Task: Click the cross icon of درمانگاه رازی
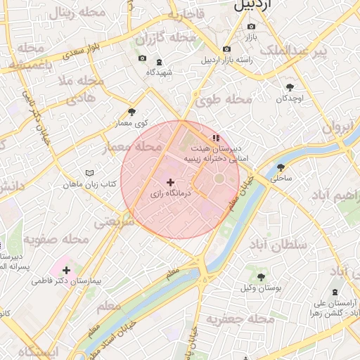click(170, 182)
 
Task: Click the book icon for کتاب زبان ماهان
click(89, 173)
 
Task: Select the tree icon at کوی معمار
click(131, 112)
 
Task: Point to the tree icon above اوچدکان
click(290, 87)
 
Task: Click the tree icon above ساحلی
click(281, 167)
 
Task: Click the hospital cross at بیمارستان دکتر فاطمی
click(67, 270)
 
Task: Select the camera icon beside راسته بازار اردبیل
click(226, 49)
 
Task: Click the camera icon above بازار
click(251, 27)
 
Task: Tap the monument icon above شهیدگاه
click(159, 62)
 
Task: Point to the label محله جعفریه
click(239, 319)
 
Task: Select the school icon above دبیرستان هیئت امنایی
click(215, 138)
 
